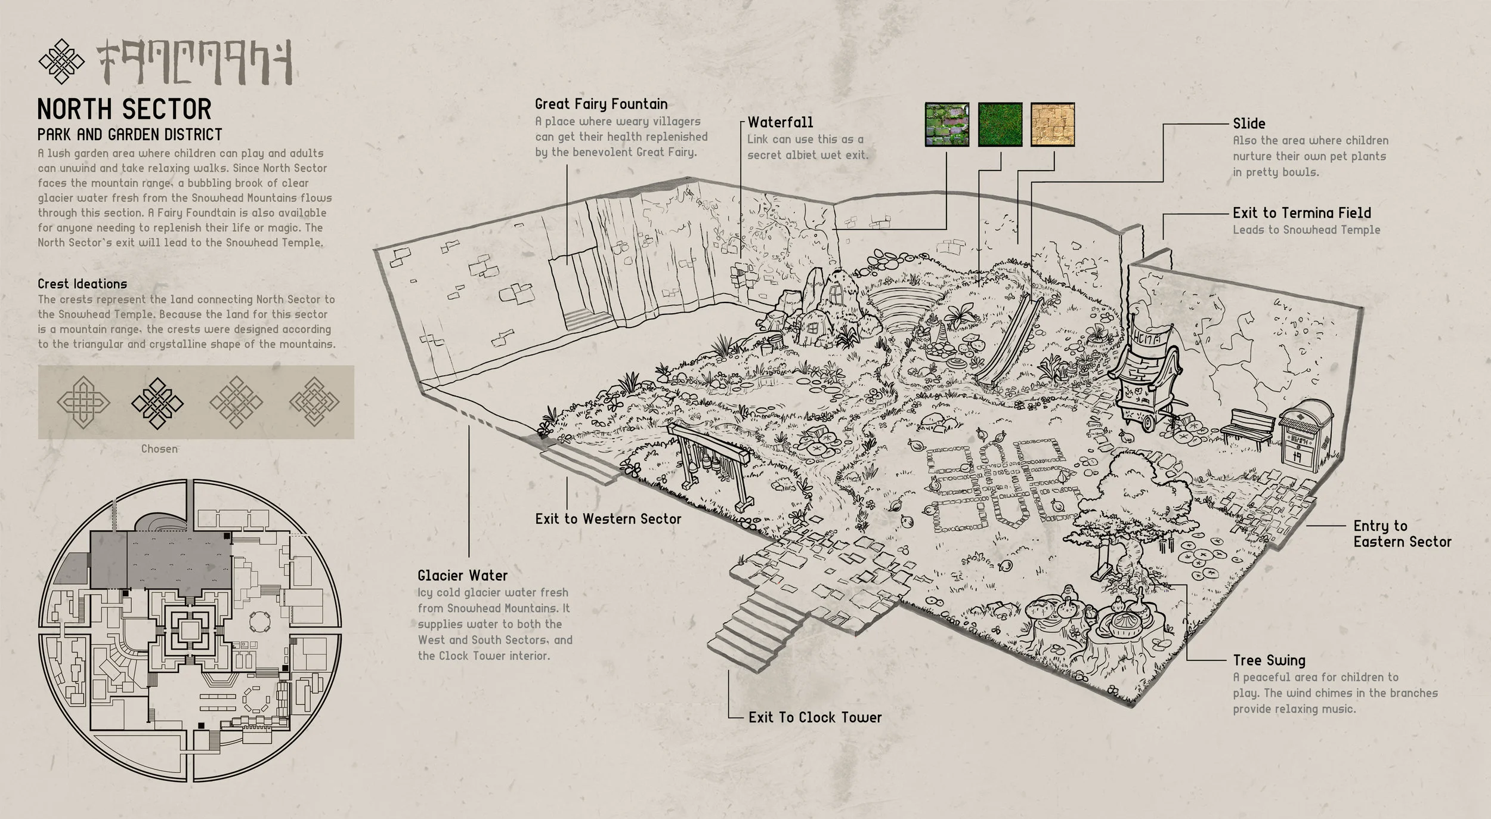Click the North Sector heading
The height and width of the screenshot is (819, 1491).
tap(124, 110)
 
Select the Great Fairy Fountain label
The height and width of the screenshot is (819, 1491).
tap(601, 104)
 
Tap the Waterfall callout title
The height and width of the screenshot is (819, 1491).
tap(780, 122)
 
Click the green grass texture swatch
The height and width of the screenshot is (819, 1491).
tap(1000, 124)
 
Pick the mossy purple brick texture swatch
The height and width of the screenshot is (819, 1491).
tap(946, 124)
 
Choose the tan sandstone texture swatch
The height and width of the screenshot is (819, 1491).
tap(1052, 124)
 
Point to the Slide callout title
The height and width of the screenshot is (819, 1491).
tap(1249, 124)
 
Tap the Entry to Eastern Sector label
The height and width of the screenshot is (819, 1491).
tap(1402, 534)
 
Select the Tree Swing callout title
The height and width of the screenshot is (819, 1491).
tap(1269, 660)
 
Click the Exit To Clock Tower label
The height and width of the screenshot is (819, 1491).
tap(815, 718)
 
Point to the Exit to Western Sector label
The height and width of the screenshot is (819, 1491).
tap(608, 519)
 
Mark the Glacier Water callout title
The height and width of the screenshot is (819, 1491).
tap(462, 576)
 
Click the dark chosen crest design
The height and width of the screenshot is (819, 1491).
tap(157, 403)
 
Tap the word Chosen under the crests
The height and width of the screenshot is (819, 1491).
tap(159, 449)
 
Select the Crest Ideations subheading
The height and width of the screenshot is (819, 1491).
tap(82, 284)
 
